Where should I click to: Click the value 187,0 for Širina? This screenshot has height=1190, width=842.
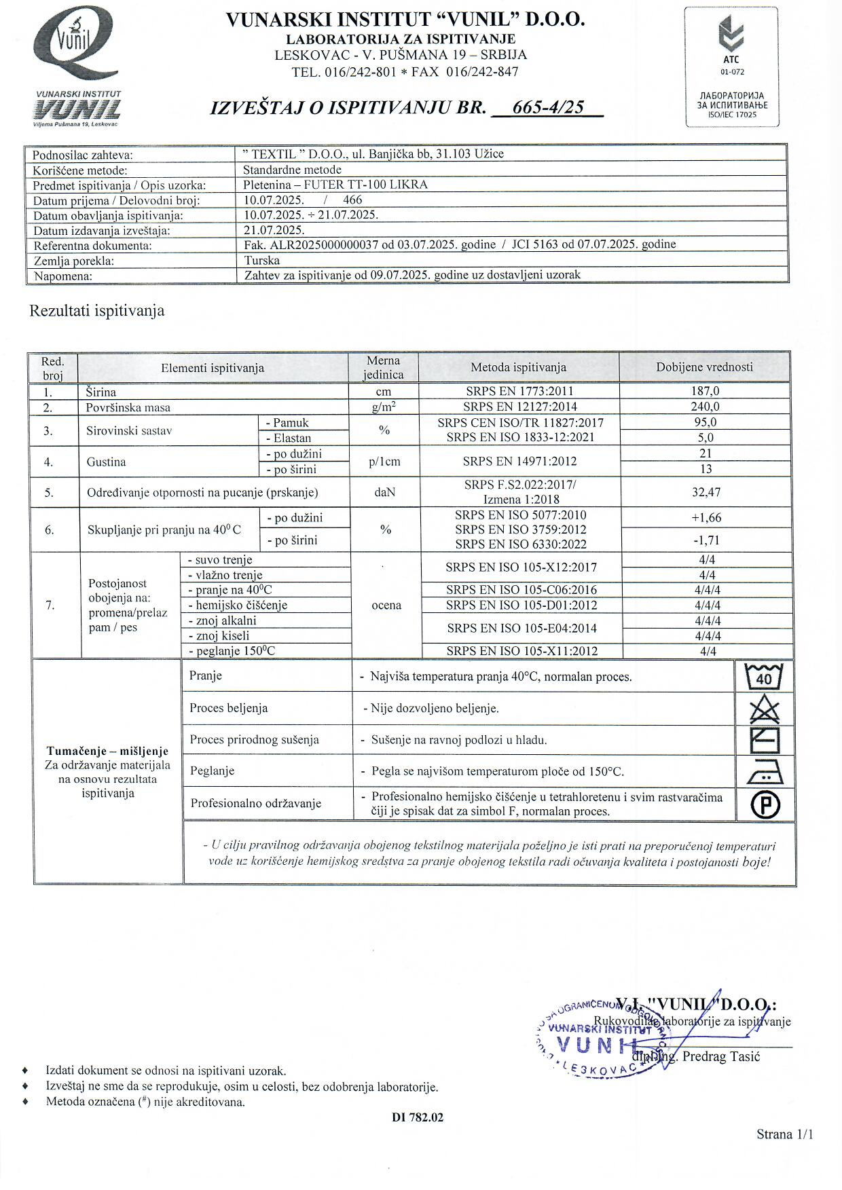tap(705, 391)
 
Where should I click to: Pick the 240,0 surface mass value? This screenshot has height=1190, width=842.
tap(705, 407)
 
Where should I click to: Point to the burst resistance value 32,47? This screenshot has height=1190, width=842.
tap(706, 492)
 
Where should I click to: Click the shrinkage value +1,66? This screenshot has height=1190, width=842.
tap(706, 517)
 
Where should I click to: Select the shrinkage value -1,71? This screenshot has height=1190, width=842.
tap(706, 540)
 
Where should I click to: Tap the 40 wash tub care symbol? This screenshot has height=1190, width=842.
tap(764, 677)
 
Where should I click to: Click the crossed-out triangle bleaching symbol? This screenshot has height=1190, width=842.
tap(764, 709)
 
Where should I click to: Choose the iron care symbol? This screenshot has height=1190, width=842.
tap(765, 772)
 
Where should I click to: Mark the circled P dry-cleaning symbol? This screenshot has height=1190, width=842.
tap(765, 805)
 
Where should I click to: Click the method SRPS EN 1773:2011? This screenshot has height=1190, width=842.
tap(519, 391)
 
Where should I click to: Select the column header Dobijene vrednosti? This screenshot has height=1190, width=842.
tap(704, 367)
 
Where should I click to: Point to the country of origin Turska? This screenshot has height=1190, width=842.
tap(262, 260)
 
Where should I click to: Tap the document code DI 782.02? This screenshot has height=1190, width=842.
tap(418, 1117)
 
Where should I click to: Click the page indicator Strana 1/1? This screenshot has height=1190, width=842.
tap(784, 1134)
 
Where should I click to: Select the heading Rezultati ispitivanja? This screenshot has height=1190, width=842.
tap(97, 312)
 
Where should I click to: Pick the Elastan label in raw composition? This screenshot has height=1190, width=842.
tap(292, 438)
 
